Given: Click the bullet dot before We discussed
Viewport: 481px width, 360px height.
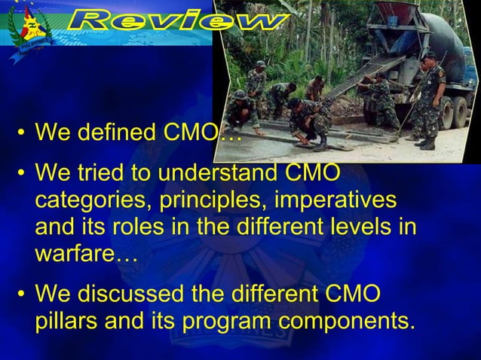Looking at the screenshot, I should pos(22,294).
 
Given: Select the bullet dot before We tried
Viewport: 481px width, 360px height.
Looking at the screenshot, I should pos(22,174).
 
